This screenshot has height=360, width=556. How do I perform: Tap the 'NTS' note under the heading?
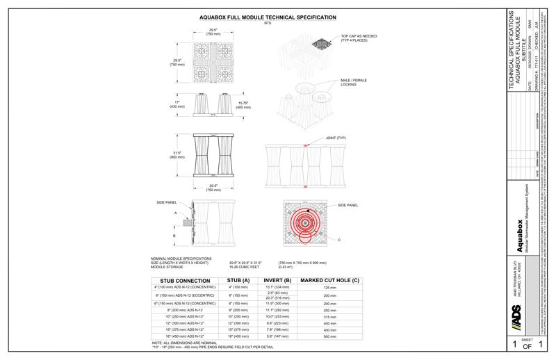coord(268,23)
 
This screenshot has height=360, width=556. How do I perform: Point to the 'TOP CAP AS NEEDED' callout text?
coord(358,38)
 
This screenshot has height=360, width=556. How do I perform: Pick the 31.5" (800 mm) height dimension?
coord(177,156)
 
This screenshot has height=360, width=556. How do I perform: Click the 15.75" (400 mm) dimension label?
coord(243,105)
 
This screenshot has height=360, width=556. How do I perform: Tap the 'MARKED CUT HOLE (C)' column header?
coord(329,281)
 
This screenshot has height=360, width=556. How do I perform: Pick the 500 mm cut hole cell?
coord(329,336)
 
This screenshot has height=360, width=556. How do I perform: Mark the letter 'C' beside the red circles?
coord(340,240)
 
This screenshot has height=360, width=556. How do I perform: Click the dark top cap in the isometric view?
coord(321,43)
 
